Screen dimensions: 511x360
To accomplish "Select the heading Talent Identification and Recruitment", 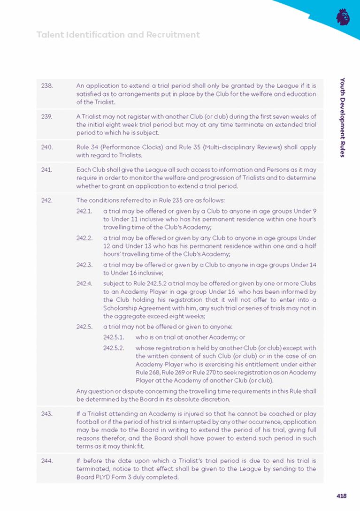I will click(118, 35).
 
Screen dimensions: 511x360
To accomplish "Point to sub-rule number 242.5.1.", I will click(113, 337).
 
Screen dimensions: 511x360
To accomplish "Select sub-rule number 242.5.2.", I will click(113, 348).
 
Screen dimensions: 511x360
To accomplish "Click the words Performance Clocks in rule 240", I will click(129, 147).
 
